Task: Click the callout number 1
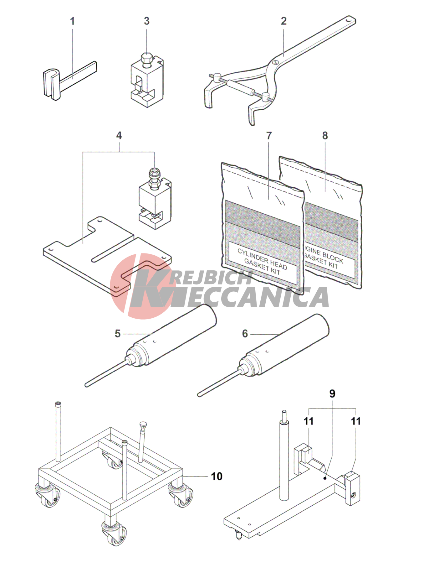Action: click(72, 21)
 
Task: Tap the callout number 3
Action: click(146, 21)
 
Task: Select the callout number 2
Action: click(283, 21)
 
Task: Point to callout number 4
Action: click(119, 136)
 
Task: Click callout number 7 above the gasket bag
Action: click(269, 136)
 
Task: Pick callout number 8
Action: click(325, 136)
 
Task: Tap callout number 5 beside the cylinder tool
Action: click(118, 334)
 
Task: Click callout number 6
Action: click(245, 334)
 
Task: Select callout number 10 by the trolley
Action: click(217, 477)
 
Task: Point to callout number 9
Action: click(332, 394)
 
